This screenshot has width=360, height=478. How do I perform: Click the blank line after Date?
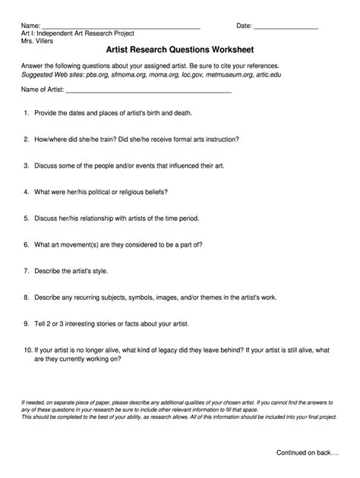coord(286,27)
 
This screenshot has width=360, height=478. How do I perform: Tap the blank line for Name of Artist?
coord(149,90)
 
